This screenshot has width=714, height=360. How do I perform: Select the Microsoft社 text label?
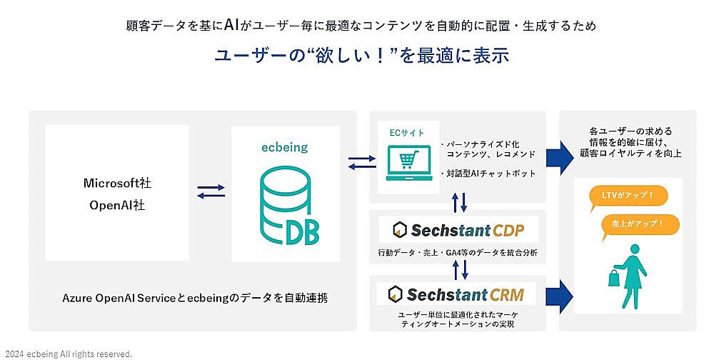tap(117, 184)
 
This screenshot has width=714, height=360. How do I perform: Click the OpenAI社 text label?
tap(117, 205)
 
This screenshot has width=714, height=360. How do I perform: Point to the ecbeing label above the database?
tap(284, 148)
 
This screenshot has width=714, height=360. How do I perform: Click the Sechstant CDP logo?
tap(458, 229)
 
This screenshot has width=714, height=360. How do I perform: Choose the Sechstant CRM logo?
tap(456, 294)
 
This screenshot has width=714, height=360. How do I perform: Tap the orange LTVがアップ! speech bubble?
tap(623, 196)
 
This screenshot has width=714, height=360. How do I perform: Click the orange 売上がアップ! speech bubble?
tap(638, 224)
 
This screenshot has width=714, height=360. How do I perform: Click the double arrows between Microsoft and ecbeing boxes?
tap(211, 191)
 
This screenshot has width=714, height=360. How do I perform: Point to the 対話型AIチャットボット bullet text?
tap(488, 173)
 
